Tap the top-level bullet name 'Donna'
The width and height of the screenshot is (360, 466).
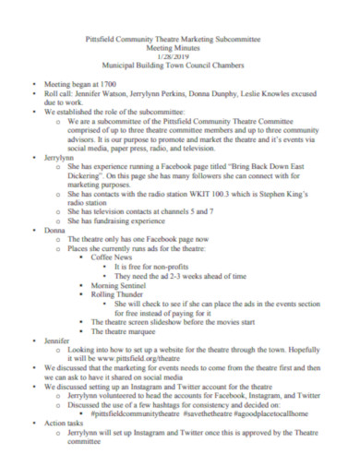[x=54, y=229]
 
